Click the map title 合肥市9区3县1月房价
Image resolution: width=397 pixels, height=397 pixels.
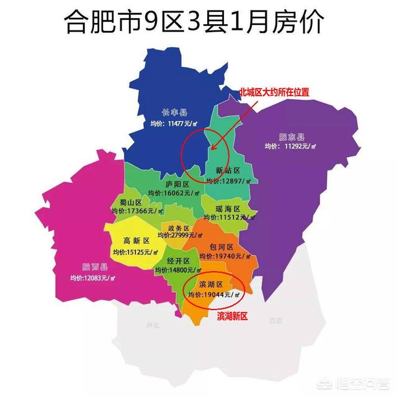(199, 24)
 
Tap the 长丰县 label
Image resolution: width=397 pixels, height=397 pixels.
(174, 113)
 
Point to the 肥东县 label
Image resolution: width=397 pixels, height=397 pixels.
(292, 137)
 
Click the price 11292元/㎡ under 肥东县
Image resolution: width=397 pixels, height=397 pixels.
(291, 147)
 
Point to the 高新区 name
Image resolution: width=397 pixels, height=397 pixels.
(136, 241)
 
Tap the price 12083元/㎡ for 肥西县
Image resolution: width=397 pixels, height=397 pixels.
(87, 277)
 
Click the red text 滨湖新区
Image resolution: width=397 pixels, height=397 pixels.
(233, 316)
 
